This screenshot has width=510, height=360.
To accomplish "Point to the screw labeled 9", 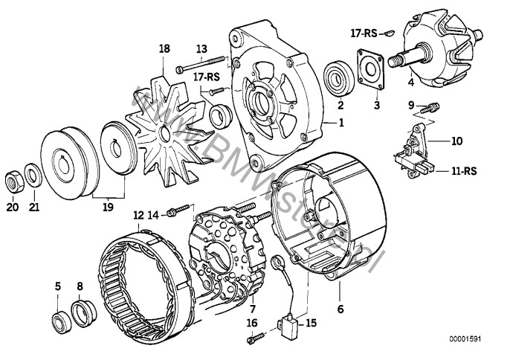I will coord(431,106).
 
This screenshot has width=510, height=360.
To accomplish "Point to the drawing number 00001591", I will coord(476,342).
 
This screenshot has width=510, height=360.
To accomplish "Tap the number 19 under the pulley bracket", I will coord(108,208).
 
